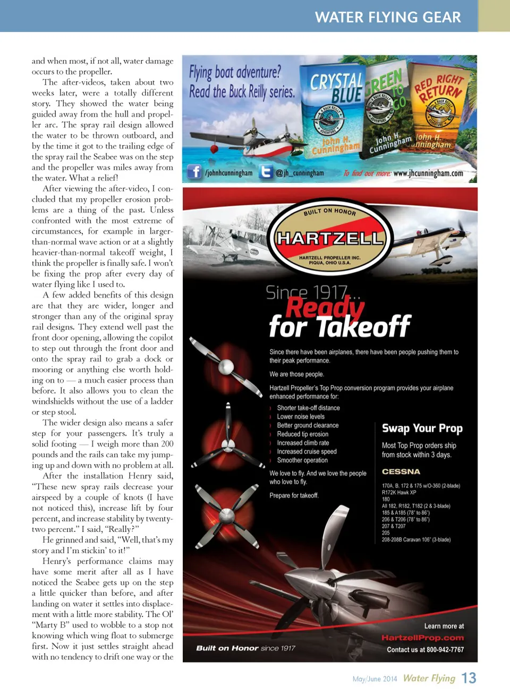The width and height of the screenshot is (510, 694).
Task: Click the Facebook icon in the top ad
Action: [194, 172]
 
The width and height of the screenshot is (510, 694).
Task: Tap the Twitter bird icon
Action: [266, 172]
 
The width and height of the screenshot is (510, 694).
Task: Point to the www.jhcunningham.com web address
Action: [428, 173]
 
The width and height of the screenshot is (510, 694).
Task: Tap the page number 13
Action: [469, 678]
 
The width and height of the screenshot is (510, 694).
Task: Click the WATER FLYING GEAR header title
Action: [388, 17]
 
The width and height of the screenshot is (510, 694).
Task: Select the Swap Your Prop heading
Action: [422, 428]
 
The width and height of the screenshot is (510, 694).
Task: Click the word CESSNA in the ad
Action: [401, 472]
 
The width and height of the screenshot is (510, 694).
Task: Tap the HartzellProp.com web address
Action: [422, 638]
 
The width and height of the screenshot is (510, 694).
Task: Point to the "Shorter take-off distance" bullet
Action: [308, 408]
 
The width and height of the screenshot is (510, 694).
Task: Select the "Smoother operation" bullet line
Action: [302, 461]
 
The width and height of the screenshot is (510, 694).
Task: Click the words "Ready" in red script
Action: [325, 307]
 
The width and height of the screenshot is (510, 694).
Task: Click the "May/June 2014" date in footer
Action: [375, 679]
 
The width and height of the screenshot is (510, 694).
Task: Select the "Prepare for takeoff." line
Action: [294, 496]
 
